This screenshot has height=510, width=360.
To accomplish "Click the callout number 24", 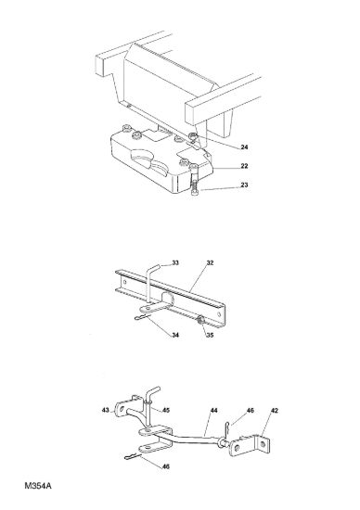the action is point(244,147).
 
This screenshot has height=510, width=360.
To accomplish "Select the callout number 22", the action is point(244,166).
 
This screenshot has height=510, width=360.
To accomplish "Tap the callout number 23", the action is point(244,185).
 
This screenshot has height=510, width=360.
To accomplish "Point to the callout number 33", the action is point(175,262).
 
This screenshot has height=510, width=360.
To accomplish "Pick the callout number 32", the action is point(210,262).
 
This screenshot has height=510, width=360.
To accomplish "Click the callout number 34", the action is point(175,335).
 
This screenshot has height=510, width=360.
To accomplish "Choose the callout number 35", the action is point(210,335).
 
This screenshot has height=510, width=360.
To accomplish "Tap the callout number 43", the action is point(106,410).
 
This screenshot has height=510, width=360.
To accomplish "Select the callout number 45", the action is point(166,410).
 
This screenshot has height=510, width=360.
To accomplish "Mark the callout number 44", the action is point(213,411).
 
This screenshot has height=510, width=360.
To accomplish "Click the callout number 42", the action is point(275,411).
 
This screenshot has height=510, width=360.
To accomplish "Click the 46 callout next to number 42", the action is point(250,411).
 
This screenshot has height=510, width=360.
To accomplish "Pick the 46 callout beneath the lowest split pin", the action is point(166,466).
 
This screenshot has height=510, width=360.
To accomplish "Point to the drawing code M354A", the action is point(38,486).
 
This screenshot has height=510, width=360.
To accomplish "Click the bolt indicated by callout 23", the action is point(195,185).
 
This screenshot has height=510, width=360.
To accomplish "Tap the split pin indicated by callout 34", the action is point(143,317).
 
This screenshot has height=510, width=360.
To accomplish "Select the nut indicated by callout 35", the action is point(199,321).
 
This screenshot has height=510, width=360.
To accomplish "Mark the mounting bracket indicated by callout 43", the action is point(125,406).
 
